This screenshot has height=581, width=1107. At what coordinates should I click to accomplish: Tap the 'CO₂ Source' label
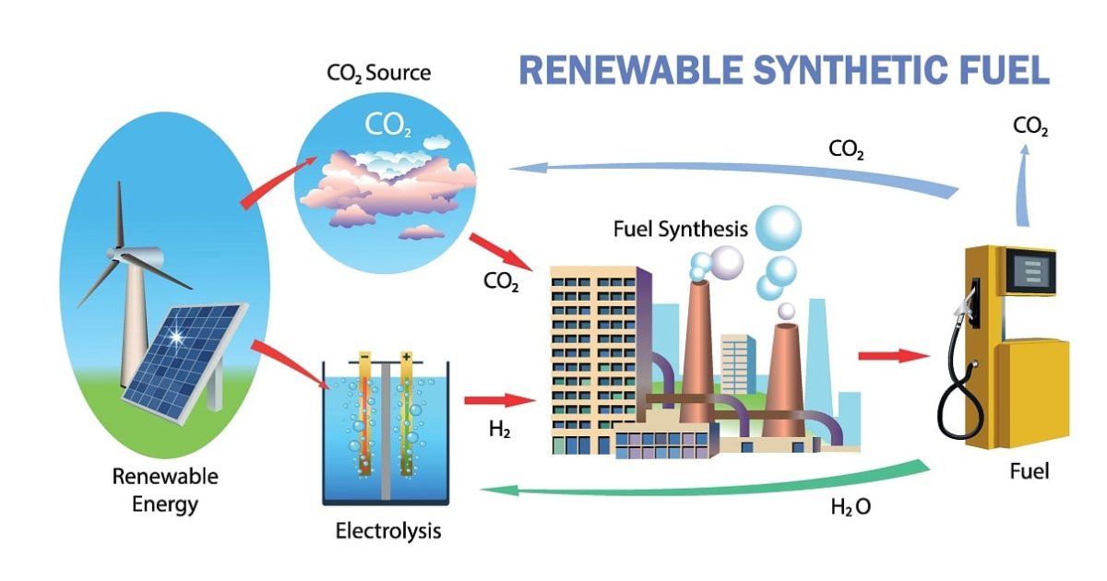click(x=378, y=72)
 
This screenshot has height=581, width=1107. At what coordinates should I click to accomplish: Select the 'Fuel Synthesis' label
click(x=680, y=230)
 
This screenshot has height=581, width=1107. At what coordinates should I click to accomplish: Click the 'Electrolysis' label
click(x=388, y=531)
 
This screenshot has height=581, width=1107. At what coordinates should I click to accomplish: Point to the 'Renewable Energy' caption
click(x=165, y=491)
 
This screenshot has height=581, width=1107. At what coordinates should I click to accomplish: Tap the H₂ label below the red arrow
click(x=500, y=430)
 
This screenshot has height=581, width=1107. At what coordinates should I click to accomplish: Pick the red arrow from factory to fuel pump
click(x=893, y=356)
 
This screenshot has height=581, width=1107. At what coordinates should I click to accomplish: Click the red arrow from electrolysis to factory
click(x=499, y=400)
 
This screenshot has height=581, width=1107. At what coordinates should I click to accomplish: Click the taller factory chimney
click(x=700, y=341)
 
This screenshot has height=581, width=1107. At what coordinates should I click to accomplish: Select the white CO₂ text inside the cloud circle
click(x=388, y=125)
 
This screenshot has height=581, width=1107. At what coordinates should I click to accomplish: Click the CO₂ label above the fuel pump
click(x=1030, y=126)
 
